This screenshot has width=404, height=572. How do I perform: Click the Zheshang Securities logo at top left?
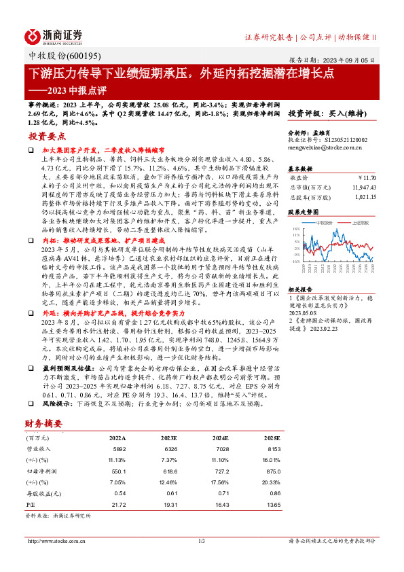pyautogui.click(x=54, y=35)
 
